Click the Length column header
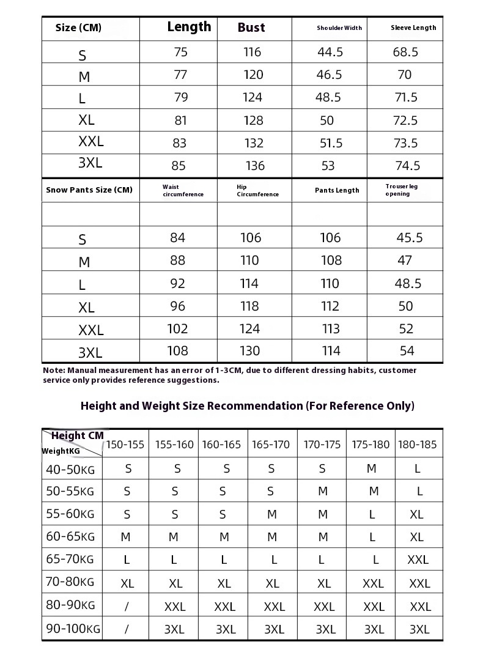[189, 27]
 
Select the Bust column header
[251, 28]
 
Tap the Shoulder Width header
[339, 28]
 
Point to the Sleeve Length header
[413, 28]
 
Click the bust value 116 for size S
[252, 52]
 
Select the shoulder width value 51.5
[330, 143]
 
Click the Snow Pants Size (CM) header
[89, 190]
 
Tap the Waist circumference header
[183, 191]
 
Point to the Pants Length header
[337, 190]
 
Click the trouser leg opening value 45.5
[409, 238]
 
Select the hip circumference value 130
[250, 351]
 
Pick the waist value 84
[177, 238]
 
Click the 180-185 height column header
[418, 445]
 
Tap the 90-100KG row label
[73, 628]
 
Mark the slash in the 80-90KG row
[127, 606]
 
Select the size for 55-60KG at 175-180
[372, 515]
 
